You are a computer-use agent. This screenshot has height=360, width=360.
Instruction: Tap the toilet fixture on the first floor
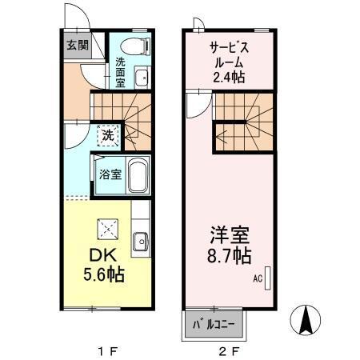coord(141,45)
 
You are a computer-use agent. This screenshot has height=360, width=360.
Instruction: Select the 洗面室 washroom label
coord(120,71)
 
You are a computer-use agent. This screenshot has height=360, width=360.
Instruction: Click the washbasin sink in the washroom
coord(141,78)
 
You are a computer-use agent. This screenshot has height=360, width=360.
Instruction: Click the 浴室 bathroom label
coord(110,174)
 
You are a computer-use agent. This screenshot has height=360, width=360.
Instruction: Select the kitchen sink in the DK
coord(141,239)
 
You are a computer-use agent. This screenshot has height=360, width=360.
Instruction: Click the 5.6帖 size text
coord(102,274)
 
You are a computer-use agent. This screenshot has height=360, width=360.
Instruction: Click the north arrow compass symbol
coord(306,322)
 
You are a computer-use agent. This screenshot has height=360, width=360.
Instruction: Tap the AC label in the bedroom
coord(258,279)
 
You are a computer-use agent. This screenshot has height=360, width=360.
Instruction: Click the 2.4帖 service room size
coord(227,76)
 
